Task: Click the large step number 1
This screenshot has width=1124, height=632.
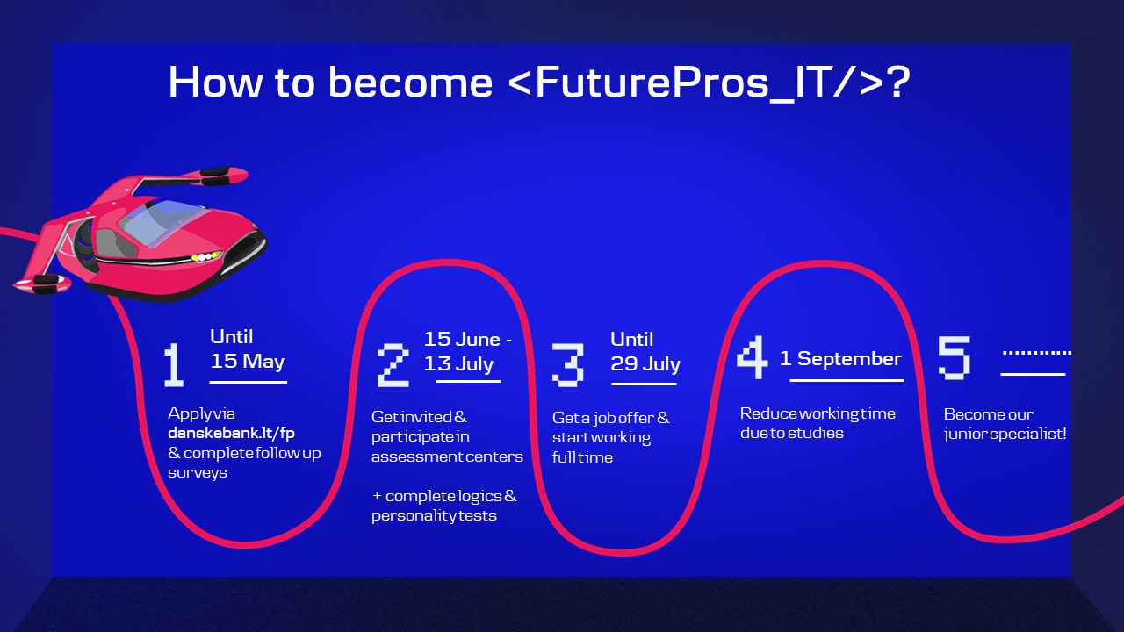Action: (174, 364)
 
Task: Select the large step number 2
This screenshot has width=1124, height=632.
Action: (393, 364)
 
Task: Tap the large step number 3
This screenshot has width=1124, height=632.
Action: (568, 364)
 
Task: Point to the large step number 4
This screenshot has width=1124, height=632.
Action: (753, 357)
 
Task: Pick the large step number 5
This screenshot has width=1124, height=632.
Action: (954, 357)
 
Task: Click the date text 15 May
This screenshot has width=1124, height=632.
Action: (248, 362)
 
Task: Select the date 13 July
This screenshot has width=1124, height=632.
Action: (458, 364)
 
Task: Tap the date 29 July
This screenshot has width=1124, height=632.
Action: (645, 364)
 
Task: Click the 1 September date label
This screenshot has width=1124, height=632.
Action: (840, 359)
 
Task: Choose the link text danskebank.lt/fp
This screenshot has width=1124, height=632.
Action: (231, 433)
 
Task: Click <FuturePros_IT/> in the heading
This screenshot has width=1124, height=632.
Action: (695, 83)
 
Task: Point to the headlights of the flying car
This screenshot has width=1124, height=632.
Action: (206, 257)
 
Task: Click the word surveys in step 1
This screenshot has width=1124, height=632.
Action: (198, 473)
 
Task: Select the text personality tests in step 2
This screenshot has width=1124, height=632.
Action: (434, 516)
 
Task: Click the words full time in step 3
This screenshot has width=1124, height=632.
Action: (582, 457)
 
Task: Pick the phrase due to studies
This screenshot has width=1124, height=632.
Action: (792, 433)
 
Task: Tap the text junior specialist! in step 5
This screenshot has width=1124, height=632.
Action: (1005, 434)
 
